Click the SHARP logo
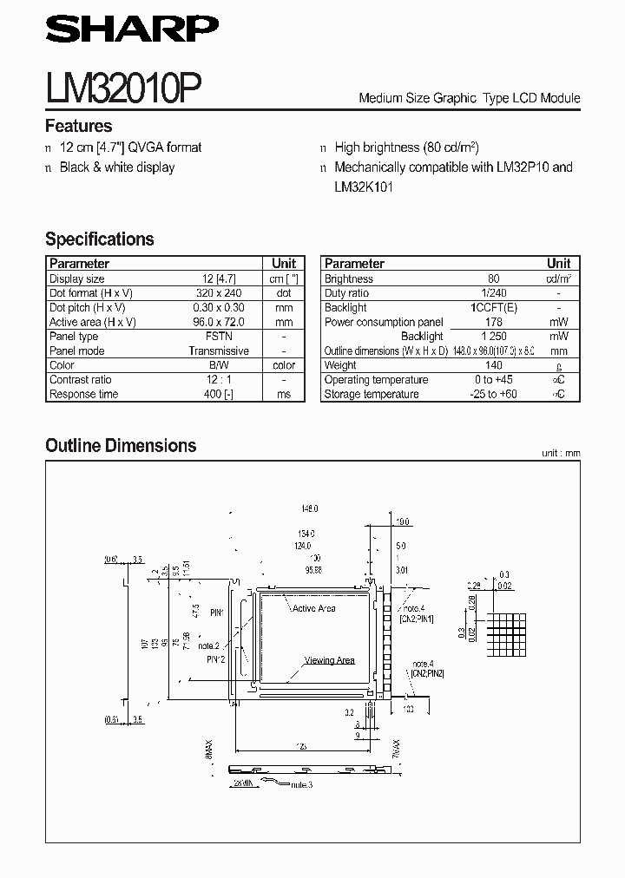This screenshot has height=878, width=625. tap(132, 31)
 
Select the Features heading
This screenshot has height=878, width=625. tap(78, 126)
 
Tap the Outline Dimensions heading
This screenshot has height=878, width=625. tap(121, 445)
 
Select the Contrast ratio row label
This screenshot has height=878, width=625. tap(81, 380)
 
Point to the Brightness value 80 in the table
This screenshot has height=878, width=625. tap(494, 279)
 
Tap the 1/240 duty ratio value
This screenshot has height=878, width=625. tap(494, 293)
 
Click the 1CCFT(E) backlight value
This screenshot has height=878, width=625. tap(494, 308)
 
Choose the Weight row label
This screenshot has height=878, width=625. tap(341, 365)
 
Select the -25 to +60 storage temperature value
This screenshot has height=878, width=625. tap(494, 394)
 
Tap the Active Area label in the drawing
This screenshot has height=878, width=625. tap(314, 608)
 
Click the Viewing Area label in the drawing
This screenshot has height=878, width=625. tap(329, 660)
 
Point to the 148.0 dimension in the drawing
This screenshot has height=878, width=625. tap(310, 508)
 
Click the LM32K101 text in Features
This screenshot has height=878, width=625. tap(364, 187)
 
